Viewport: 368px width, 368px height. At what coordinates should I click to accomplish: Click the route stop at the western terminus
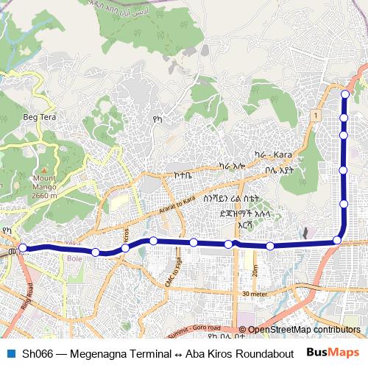[23, 248]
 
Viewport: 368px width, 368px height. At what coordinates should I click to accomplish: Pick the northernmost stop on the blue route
[344, 94]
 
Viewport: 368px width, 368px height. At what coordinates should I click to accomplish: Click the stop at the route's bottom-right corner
[338, 240]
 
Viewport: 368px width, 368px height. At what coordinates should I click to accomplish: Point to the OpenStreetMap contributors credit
[303, 330]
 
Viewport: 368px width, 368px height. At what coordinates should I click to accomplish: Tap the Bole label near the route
[74, 258]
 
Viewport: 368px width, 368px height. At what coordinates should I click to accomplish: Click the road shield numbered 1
[314, 116]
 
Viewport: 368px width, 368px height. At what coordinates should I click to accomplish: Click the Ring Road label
[27, 300]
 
